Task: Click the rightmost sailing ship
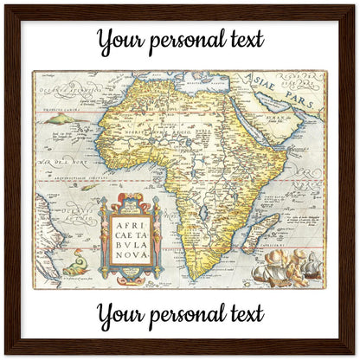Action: [x=307, y=264]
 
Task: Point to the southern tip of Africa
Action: [x=197, y=274]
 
